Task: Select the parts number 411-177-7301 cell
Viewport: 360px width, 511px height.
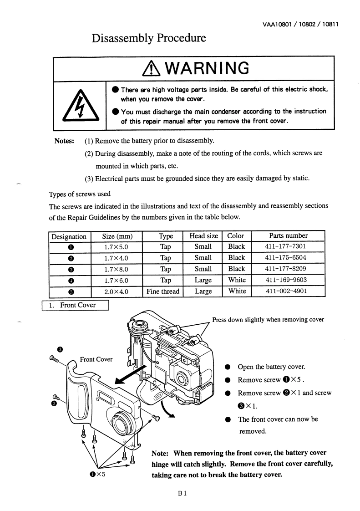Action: [x=287, y=247]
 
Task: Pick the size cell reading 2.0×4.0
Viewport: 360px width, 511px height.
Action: [x=117, y=291]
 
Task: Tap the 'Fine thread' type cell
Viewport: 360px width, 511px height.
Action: [x=163, y=291]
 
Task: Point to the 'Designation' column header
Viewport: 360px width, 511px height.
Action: [x=69, y=236]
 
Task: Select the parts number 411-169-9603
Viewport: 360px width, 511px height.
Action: [x=287, y=280]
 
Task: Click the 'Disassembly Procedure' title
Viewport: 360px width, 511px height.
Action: [x=149, y=38]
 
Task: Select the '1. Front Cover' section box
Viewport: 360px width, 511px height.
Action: [x=75, y=305]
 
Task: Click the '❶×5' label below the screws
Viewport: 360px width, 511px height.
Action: [x=97, y=474]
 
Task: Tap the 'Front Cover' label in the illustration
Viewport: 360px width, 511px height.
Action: [x=96, y=359]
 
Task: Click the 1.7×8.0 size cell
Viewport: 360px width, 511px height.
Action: [x=117, y=269]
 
